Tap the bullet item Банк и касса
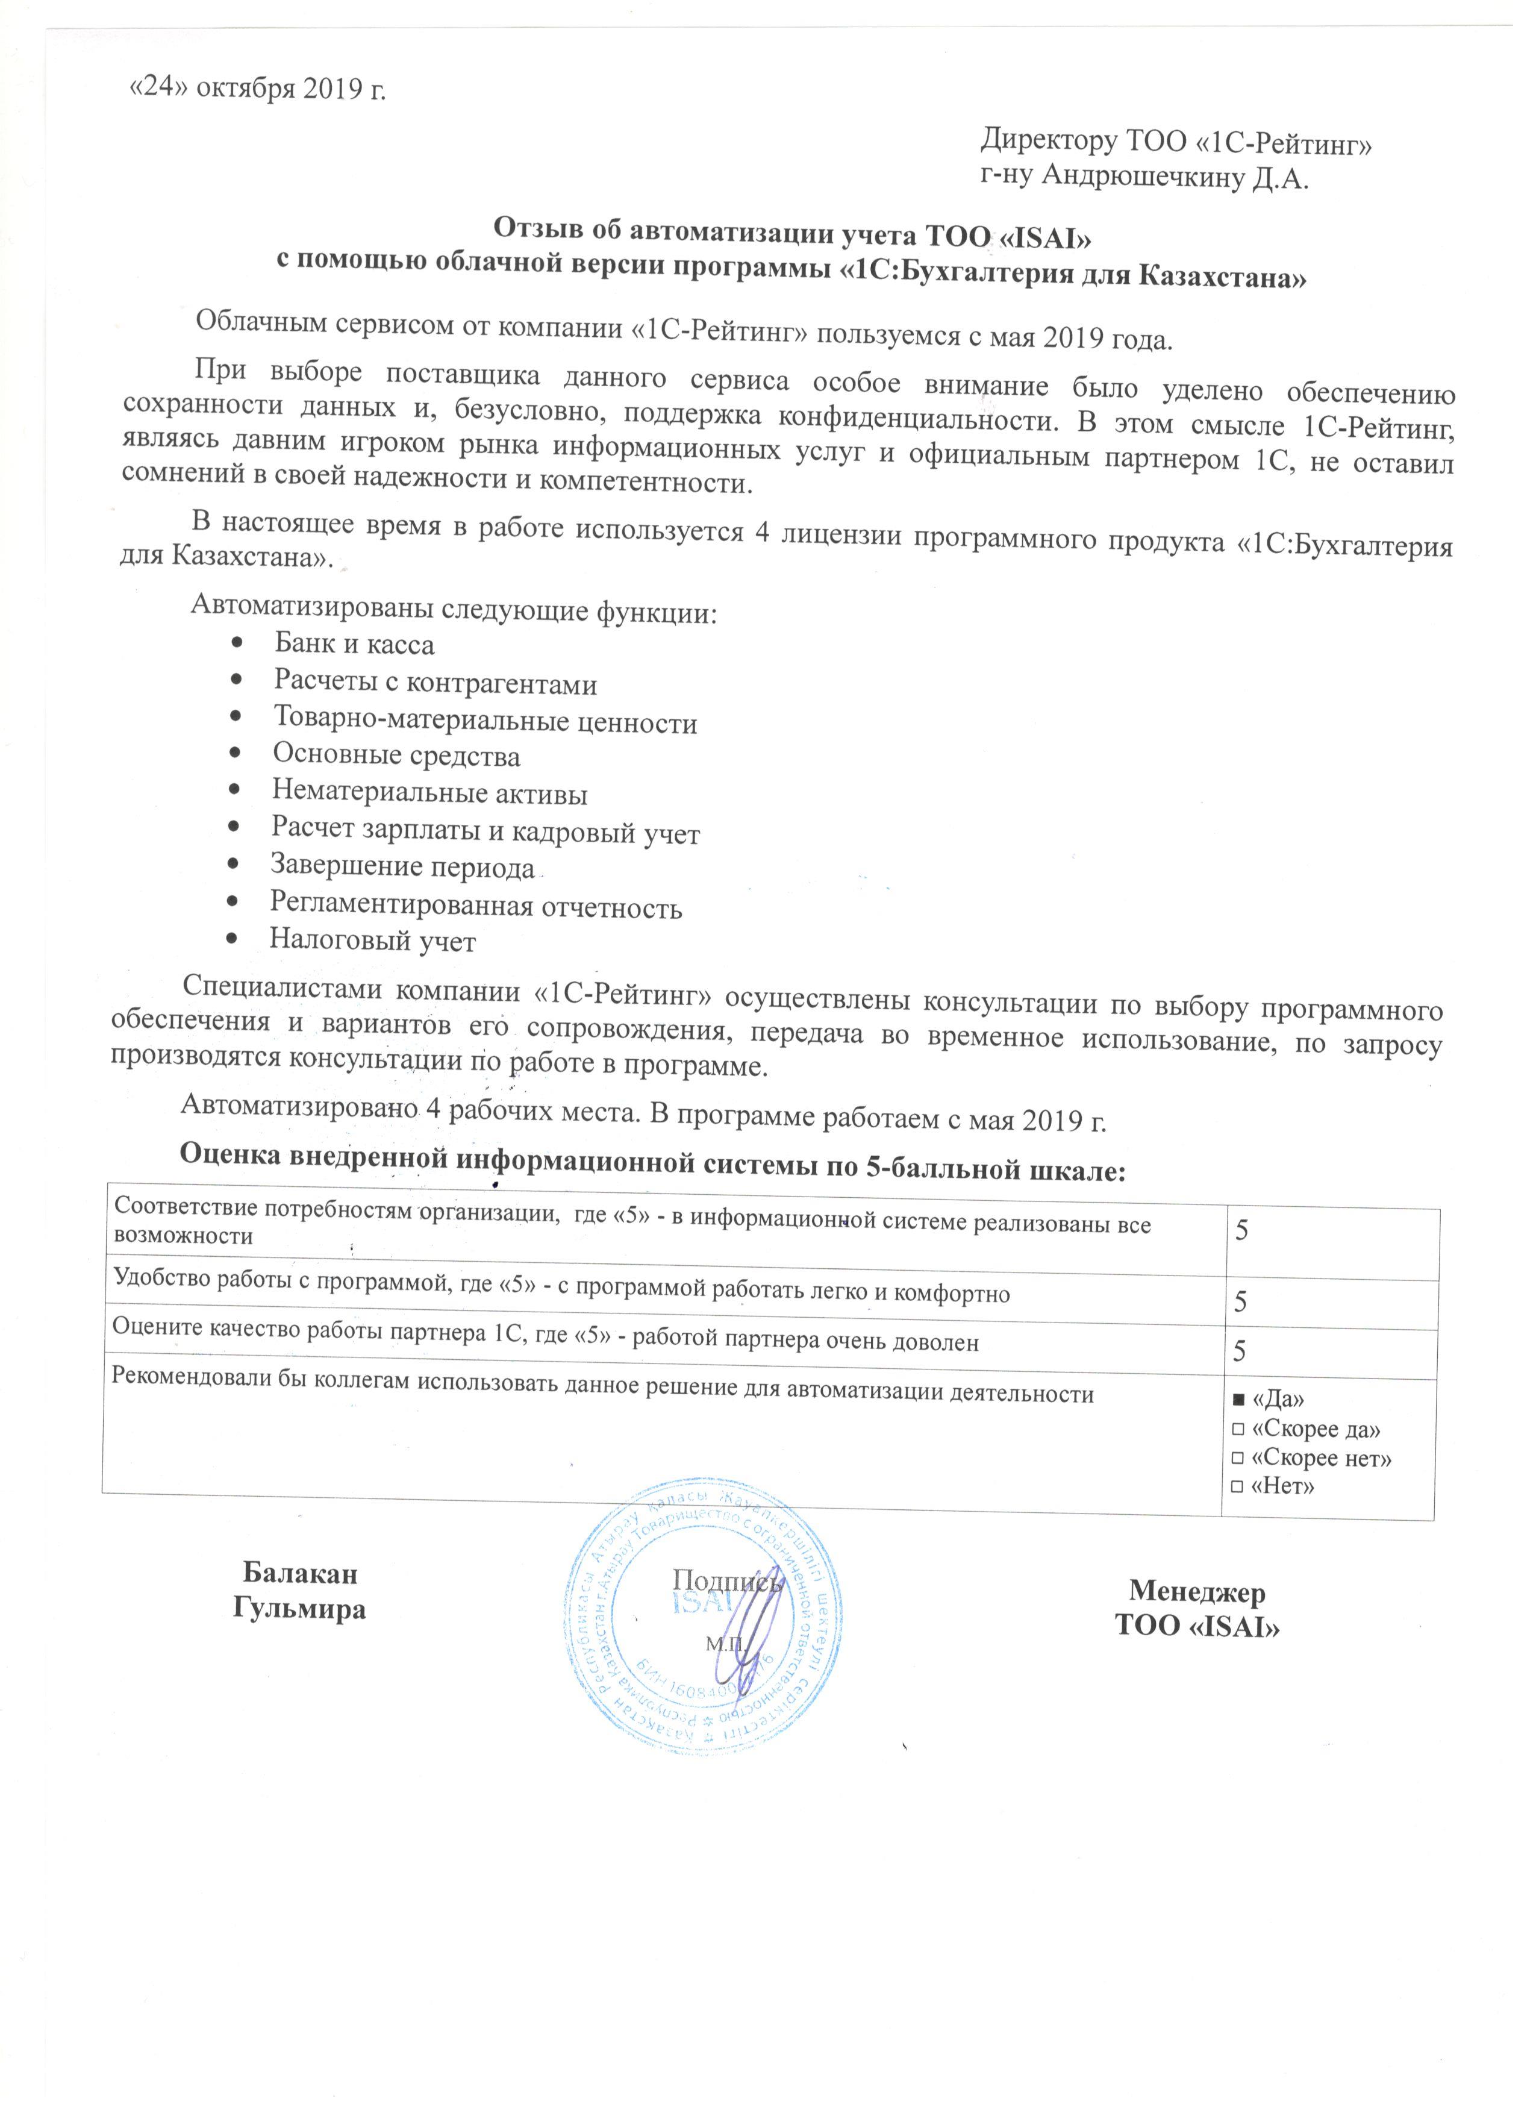point(354,643)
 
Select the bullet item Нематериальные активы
point(429,793)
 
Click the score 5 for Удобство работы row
point(1241,1303)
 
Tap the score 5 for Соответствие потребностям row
point(1241,1231)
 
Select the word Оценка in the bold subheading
point(228,1171)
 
